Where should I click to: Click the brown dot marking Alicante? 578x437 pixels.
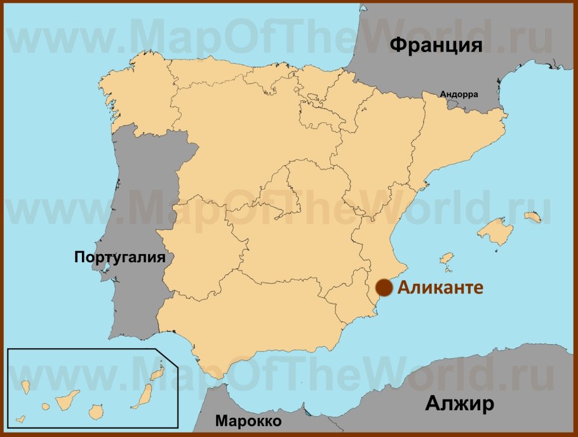383,288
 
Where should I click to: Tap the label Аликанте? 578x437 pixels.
440,287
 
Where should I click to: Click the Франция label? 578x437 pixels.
436,45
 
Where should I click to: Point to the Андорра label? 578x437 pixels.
459,94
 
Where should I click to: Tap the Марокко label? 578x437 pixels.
248,420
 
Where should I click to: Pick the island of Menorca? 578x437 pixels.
532,217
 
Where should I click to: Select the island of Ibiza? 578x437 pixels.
447,259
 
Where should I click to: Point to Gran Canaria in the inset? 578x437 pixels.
97,411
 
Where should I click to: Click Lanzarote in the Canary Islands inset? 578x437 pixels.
159,369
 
